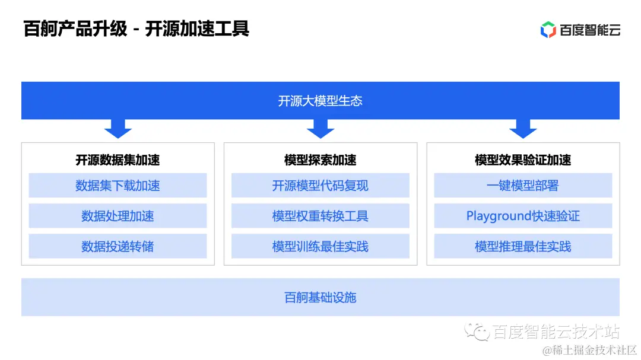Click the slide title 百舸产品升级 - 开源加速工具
pos(136,28)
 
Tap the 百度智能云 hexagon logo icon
pos(548,30)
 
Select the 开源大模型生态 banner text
pos(320,101)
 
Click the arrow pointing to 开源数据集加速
pos(118,128)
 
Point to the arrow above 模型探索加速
pos(320,128)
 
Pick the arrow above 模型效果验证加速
pos(523,128)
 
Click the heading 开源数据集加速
pos(118,160)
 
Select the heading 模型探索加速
pos(320,160)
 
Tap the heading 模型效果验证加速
pos(523,160)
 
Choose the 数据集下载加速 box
pos(118,186)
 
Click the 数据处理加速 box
pos(118,216)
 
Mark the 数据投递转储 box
pos(118,246)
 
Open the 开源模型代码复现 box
pos(320,186)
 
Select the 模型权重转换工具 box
pos(320,216)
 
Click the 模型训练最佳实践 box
pos(320,246)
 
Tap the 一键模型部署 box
pos(523,186)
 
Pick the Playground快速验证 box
pos(523,216)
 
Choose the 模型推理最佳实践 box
pos(523,246)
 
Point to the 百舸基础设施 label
pos(320,297)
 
